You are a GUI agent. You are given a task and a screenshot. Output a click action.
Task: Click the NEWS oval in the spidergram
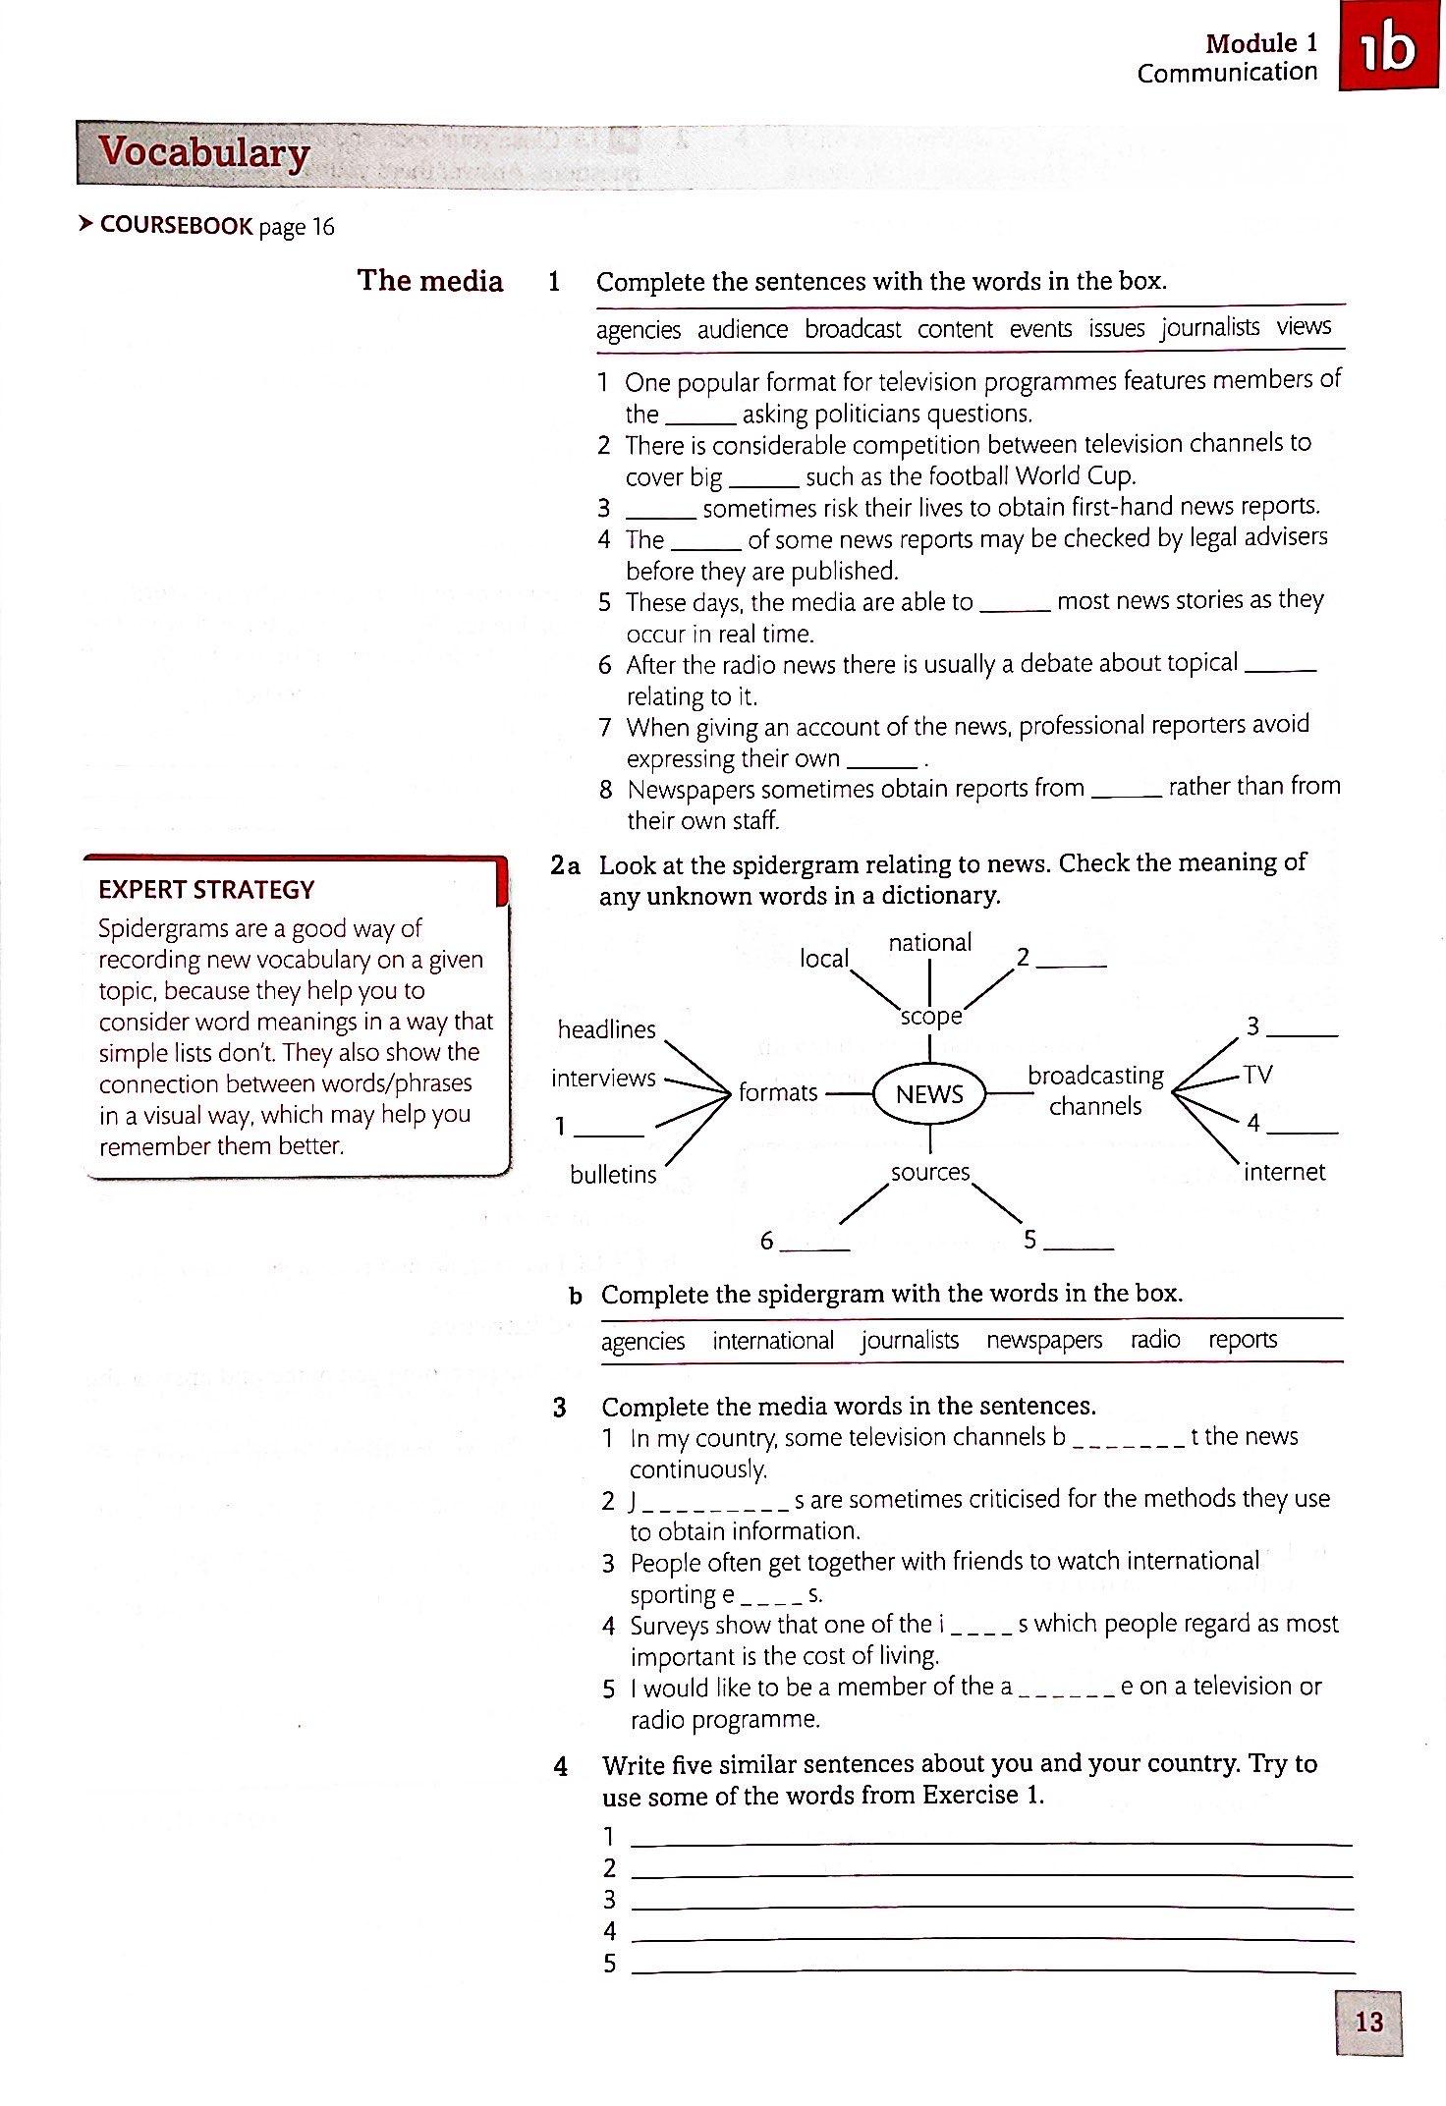coord(929,1094)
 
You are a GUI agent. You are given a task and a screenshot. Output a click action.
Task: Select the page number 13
coord(1368,2022)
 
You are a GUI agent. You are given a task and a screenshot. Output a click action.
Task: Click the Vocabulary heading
coord(204,153)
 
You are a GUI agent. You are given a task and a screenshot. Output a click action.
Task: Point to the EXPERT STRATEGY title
coord(206,890)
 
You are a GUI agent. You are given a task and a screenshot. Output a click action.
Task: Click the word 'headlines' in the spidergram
coord(606,1029)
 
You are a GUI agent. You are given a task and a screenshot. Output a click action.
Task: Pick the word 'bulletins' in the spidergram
coord(613,1174)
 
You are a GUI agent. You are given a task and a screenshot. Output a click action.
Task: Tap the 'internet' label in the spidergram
coord(1284,1172)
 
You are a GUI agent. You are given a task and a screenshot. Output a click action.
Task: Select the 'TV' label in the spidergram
coord(1256,1075)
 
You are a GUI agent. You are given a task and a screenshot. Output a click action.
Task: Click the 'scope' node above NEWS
coord(930,1017)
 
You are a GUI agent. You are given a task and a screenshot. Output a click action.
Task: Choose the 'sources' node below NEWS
coord(929,1172)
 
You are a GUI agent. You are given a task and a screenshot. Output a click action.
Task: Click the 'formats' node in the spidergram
coord(778,1092)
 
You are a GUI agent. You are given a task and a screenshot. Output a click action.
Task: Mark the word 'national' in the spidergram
coord(929,943)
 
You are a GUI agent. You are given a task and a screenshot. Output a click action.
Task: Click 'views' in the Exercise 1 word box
coord(1304,327)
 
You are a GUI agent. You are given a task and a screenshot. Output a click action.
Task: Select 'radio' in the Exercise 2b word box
coord(1155,1340)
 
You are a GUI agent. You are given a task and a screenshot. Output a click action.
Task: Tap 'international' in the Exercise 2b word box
coord(773,1341)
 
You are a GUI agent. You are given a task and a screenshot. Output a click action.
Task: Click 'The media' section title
coord(430,281)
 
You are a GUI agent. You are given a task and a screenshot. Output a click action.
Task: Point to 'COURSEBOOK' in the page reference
coord(177,226)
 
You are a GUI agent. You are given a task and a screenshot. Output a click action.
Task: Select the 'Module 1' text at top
coord(1261,43)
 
